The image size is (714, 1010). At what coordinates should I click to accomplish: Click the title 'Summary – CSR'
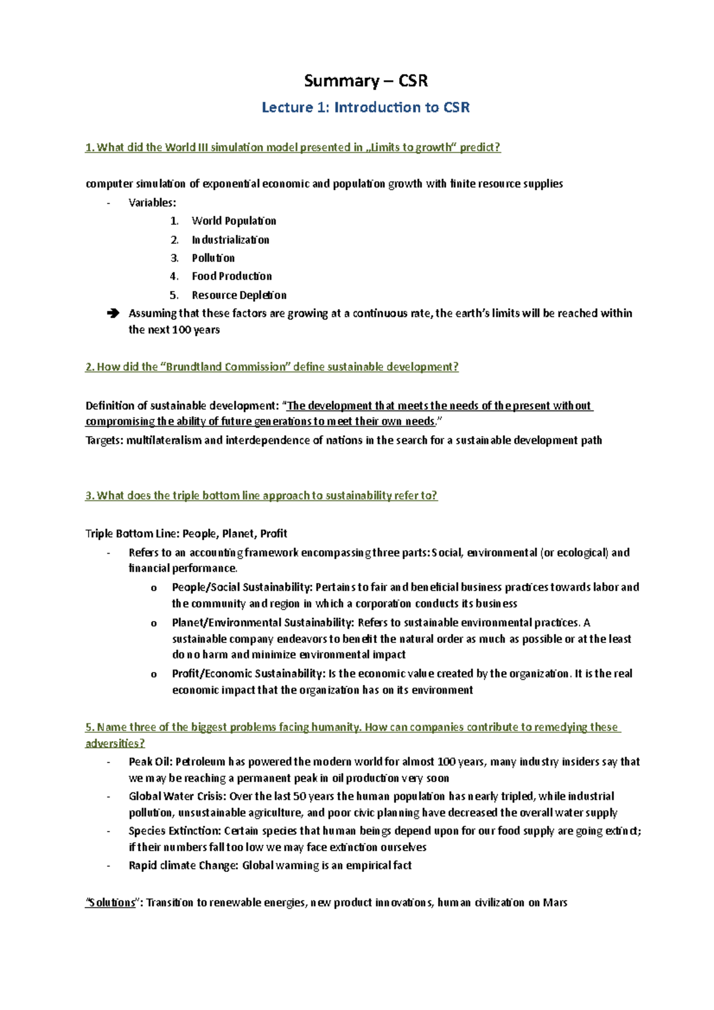[365, 80]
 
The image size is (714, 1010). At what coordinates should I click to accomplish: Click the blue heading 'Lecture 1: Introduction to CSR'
[365, 108]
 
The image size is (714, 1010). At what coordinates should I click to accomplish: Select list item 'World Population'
[233, 221]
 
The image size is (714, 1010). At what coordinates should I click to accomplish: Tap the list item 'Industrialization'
[230, 240]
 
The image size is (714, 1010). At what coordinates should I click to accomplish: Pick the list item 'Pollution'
[213, 258]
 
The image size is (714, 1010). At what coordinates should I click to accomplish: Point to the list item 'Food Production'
[231, 277]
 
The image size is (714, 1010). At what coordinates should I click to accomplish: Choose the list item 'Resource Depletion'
[239, 295]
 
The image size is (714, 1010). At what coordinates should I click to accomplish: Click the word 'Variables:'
[152, 203]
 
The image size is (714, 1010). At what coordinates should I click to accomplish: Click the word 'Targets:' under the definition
[105, 441]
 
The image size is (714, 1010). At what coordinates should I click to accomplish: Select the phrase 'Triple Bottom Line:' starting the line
[131, 534]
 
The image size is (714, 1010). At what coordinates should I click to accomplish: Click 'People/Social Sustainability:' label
[242, 588]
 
